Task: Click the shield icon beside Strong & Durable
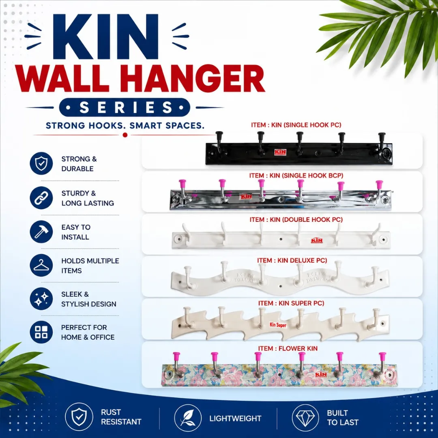coord(41,163)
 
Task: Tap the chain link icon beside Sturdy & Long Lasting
coord(41,198)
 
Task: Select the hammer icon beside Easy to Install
coord(41,232)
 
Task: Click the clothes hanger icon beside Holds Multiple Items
coord(41,265)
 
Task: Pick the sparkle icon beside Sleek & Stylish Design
coord(41,299)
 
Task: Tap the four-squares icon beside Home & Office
coord(41,332)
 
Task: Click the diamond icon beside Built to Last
coord(305,418)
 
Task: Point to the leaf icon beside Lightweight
coord(188,418)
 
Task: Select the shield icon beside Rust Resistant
coord(79,417)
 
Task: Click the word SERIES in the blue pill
coord(125,107)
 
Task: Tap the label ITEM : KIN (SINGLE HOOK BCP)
coord(296,176)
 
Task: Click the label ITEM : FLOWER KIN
coord(288,349)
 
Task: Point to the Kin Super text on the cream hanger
coord(278,325)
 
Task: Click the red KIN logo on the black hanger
coord(280,152)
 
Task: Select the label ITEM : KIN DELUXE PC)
coord(292,261)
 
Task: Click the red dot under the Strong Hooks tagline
coord(125,135)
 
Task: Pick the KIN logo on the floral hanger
coord(321,374)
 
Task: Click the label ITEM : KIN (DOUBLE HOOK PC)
coord(296,220)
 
